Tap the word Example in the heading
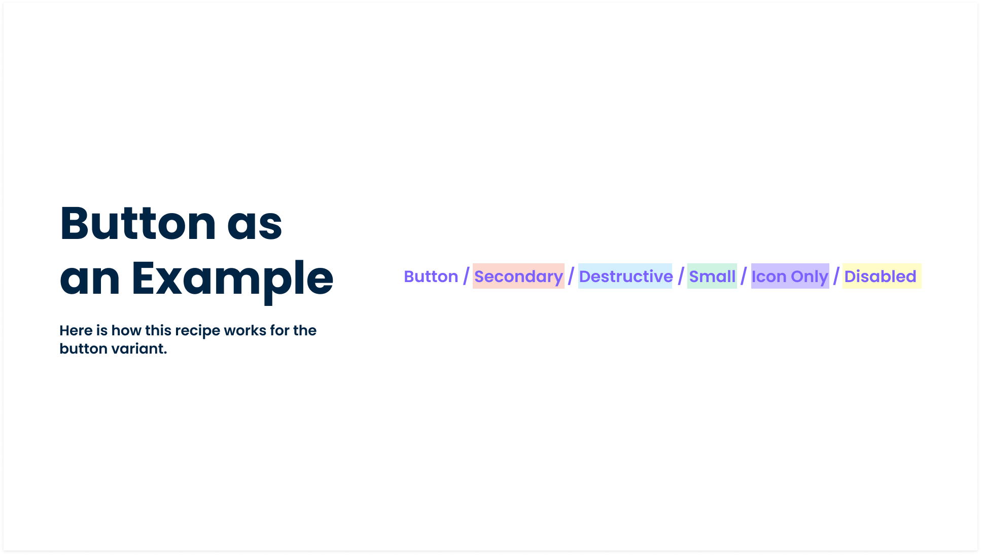click(232, 279)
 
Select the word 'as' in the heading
click(255, 225)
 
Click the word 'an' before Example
click(90, 280)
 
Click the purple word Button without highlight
click(431, 276)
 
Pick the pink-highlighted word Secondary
click(518, 276)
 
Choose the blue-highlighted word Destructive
click(625, 276)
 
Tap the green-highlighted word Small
click(712, 276)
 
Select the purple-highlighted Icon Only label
click(790, 276)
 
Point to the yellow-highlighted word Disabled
click(881, 276)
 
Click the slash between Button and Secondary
click(466, 276)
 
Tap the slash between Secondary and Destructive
click(571, 276)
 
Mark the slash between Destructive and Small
click(681, 276)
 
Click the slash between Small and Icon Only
click(744, 276)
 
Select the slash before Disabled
click(836, 276)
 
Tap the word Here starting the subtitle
click(76, 331)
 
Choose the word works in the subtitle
click(245, 331)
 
